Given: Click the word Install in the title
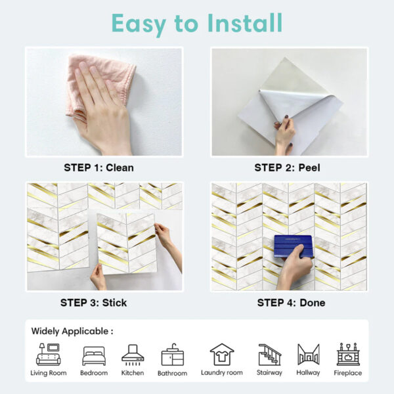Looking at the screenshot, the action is click(245, 23).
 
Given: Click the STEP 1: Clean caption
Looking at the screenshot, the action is click(98, 167).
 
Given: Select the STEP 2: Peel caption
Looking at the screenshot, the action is click(287, 167).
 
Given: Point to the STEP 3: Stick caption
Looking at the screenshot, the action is click(93, 303).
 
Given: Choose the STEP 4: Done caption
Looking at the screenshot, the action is click(291, 303).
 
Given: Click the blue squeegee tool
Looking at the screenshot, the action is click(294, 246).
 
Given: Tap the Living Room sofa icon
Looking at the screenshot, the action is click(48, 355).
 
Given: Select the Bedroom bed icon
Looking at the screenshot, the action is click(94, 356).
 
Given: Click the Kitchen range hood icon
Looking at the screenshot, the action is click(133, 355).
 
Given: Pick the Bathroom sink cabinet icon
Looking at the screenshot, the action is click(172, 355).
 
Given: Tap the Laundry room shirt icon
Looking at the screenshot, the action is click(222, 355).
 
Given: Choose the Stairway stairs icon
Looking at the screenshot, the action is click(270, 355).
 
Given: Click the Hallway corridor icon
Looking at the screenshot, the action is click(309, 355).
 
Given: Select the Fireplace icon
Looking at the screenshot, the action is click(348, 355).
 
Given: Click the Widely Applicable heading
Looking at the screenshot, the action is click(72, 331).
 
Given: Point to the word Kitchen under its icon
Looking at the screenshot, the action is click(133, 372).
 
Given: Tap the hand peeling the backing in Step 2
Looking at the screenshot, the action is click(285, 135).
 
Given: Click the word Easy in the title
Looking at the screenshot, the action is click(139, 24).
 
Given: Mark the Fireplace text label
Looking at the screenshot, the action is click(348, 373).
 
